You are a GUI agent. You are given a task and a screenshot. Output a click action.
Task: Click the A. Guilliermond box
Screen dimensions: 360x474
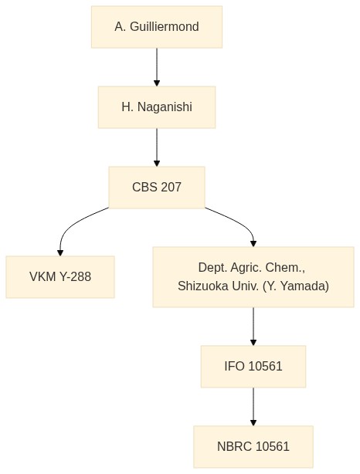coord(157,27)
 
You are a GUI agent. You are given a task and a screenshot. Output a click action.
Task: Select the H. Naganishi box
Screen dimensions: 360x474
coord(157,107)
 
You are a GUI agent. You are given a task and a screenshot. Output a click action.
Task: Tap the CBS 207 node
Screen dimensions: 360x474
coord(157,188)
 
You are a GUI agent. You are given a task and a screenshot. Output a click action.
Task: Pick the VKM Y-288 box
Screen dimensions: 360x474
coord(60,277)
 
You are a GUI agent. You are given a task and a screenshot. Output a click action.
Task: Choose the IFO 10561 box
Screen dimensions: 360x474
coord(253,367)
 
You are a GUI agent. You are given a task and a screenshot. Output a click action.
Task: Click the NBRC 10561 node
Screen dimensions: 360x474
coord(253,447)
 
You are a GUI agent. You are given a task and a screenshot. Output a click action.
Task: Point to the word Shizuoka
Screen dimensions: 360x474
coord(203,286)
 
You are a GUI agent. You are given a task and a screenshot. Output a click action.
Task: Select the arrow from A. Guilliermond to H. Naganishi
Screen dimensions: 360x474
coord(157,67)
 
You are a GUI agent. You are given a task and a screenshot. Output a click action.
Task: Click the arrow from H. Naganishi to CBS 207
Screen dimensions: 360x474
coord(157,147)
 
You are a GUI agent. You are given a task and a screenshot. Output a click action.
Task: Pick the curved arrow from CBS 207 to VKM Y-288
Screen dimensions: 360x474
coord(72,223)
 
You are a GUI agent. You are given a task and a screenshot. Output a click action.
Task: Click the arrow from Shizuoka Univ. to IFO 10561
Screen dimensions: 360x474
coord(253,327)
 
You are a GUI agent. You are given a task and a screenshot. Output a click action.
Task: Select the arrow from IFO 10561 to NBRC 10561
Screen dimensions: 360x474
coord(253,407)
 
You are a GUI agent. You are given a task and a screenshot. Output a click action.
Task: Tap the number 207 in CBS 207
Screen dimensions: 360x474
coord(171,188)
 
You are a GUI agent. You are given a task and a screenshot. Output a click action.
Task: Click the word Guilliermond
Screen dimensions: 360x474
coord(165,27)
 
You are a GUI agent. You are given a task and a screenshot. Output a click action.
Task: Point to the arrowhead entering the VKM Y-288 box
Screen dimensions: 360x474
coord(60,253)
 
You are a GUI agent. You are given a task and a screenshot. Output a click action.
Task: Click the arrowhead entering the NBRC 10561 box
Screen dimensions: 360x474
coord(253,423)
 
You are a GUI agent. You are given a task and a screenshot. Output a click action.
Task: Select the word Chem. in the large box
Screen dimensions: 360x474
coord(285,268)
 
